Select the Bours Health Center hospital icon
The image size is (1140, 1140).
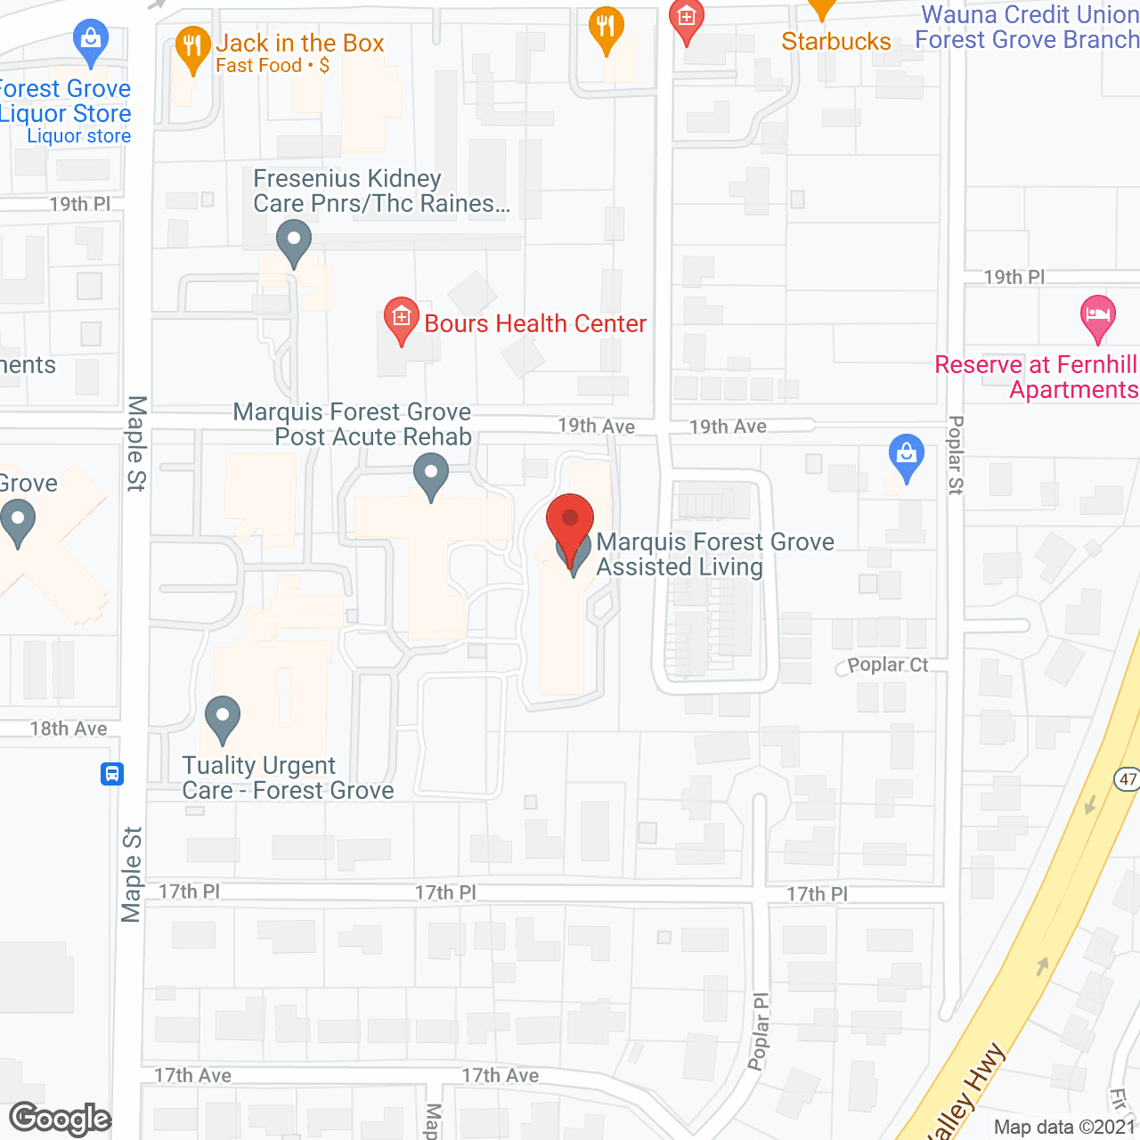[401, 318]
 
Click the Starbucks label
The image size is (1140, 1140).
[835, 41]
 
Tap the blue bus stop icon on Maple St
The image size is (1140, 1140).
[112, 773]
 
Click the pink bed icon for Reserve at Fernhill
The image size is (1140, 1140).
[1097, 315]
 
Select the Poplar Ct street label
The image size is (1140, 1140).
[887, 664]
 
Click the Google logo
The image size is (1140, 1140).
[61, 1119]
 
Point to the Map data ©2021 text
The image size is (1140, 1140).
[1065, 1127]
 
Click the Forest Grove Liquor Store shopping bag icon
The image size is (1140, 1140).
[91, 40]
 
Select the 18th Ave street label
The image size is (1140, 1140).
[69, 729]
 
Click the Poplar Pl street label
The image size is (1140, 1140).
[759, 1031]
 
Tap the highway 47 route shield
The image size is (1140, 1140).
[1128, 779]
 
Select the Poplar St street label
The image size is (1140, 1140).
[956, 454]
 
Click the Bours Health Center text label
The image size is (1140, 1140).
[535, 323]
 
